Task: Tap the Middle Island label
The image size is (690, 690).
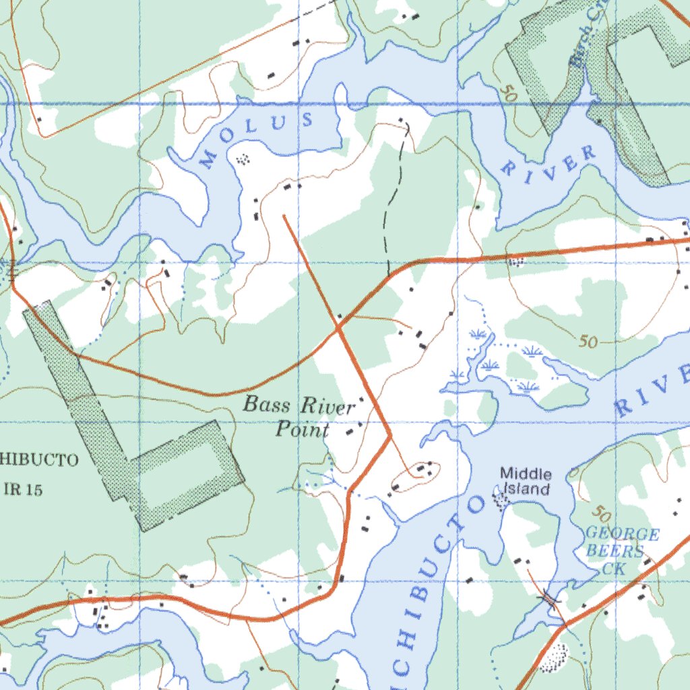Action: point(526,482)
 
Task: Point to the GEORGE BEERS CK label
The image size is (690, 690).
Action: point(621,551)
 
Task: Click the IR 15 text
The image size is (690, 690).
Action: point(23,490)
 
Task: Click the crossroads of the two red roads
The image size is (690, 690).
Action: point(338,327)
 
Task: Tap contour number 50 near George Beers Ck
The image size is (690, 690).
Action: point(602,514)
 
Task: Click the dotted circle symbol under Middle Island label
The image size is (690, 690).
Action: point(501,500)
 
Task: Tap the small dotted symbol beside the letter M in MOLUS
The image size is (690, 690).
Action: point(243,159)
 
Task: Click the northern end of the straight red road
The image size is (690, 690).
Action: point(284,216)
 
